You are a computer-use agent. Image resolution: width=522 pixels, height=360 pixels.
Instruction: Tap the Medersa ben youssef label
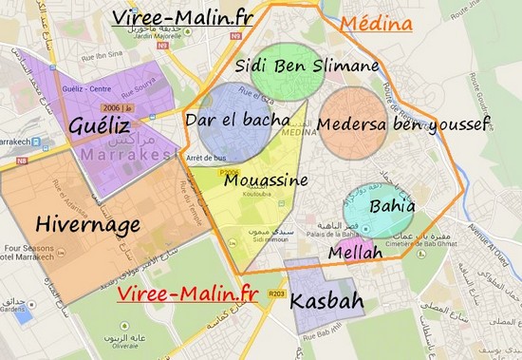(x=402, y=124)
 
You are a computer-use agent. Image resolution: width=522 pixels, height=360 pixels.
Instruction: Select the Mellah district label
(x=355, y=254)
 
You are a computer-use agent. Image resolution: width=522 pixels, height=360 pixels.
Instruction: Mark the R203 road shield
(x=277, y=294)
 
